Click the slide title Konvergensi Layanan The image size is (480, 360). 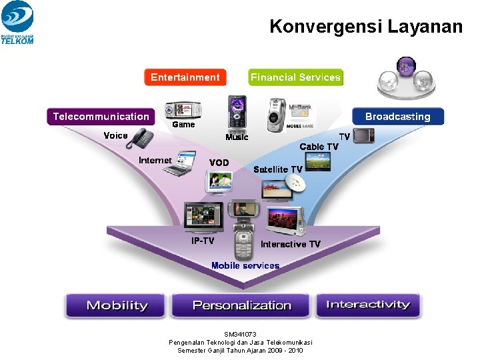click(365, 27)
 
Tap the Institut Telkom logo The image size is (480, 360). click(17, 22)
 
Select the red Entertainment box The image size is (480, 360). click(185, 77)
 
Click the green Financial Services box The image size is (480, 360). click(295, 77)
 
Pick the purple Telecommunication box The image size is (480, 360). click(101, 117)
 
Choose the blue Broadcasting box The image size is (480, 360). click(397, 117)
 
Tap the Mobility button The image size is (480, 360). click(117, 305)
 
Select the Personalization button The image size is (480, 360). click(241, 305)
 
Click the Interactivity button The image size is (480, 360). click(367, 305)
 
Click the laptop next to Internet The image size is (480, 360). click(181, 166)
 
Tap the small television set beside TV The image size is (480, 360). click(363, 136)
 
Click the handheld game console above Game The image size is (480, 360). click(183, 109)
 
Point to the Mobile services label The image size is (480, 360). click(245, 265)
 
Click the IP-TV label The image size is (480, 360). click(203, 241)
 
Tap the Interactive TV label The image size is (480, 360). click(290, 245)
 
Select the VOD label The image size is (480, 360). click(219, 163)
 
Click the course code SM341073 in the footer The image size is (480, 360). click(240, 334)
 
